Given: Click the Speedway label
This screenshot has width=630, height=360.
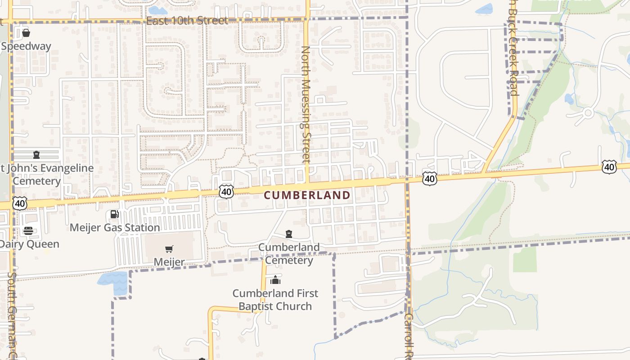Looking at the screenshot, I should (x=26, y=46).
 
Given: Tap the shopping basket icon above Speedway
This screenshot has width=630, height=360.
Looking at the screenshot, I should (x=26, y=32).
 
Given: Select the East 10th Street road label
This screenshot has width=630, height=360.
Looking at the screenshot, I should (x=187, y=21).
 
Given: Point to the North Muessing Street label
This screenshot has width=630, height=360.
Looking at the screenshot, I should (x=306, y=104).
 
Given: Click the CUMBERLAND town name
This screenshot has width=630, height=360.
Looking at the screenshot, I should (x=307, y=195).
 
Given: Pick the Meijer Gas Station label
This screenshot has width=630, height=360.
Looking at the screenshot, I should (x=115, y=228).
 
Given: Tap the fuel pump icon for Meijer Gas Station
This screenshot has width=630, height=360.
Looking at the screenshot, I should (x=115, y=214).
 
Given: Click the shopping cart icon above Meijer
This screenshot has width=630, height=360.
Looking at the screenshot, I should (x=169, y=249).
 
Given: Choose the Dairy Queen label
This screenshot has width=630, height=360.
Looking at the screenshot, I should (x=30, y=244).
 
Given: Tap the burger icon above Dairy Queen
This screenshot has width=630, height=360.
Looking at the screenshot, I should (x=28, y=231).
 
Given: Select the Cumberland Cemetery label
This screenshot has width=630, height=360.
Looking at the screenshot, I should (x=288, y=254).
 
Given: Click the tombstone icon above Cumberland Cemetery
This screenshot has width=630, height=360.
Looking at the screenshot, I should (x=288, y=234).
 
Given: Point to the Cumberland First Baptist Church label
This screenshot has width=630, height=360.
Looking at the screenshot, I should (x=275, y=300).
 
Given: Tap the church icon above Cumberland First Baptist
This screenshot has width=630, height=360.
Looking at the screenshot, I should (x=275, y=280).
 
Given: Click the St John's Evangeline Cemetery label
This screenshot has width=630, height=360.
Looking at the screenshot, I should (x=45, y=175).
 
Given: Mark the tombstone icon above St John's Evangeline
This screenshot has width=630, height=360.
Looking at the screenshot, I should (x=36, y=155).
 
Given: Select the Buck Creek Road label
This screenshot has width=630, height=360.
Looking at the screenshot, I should (x=514, y=49).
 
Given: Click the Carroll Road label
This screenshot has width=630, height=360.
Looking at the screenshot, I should (x=409, y=336).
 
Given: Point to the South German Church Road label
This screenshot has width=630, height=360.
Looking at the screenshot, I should (x=12, y=315).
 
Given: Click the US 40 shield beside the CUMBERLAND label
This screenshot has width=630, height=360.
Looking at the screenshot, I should (x=226, y=192).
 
